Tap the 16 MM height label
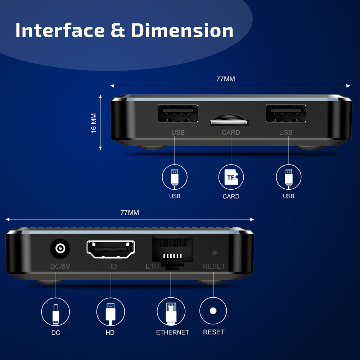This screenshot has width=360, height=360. pyautogui.click(x=94, y=123)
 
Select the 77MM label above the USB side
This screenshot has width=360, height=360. pyautogui.click(x=226, y=79)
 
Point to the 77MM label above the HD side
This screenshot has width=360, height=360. pyautogui.click(x=130, y=213)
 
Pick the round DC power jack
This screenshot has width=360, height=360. pyautogui.click(x=60, y=249)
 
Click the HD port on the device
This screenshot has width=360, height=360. pyautogui.click(x=111, y=249)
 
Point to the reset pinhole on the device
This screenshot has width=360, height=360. pyautogui.click(x=215, y=252)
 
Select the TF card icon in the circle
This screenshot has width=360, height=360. pyautogui.click(x=231, y=177)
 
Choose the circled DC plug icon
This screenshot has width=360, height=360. pyautogui.click(x=55, y=311)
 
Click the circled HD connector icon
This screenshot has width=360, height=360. pyautogui.click(x=111, y=311)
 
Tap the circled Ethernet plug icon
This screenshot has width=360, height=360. pyautogui.click(x=171, y=311)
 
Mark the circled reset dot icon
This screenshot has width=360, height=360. pyautogui.click(x=213, y=311)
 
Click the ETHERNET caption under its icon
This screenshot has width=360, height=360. pyautogui.click(x=172, y=332)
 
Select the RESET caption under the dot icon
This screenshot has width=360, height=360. pyautogui.click(x=214, y=332)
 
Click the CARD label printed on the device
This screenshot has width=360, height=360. pyautogui.click(x=231, y=132)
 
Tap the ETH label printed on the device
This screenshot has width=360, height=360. pyautogui.click(x=152, y=267)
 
